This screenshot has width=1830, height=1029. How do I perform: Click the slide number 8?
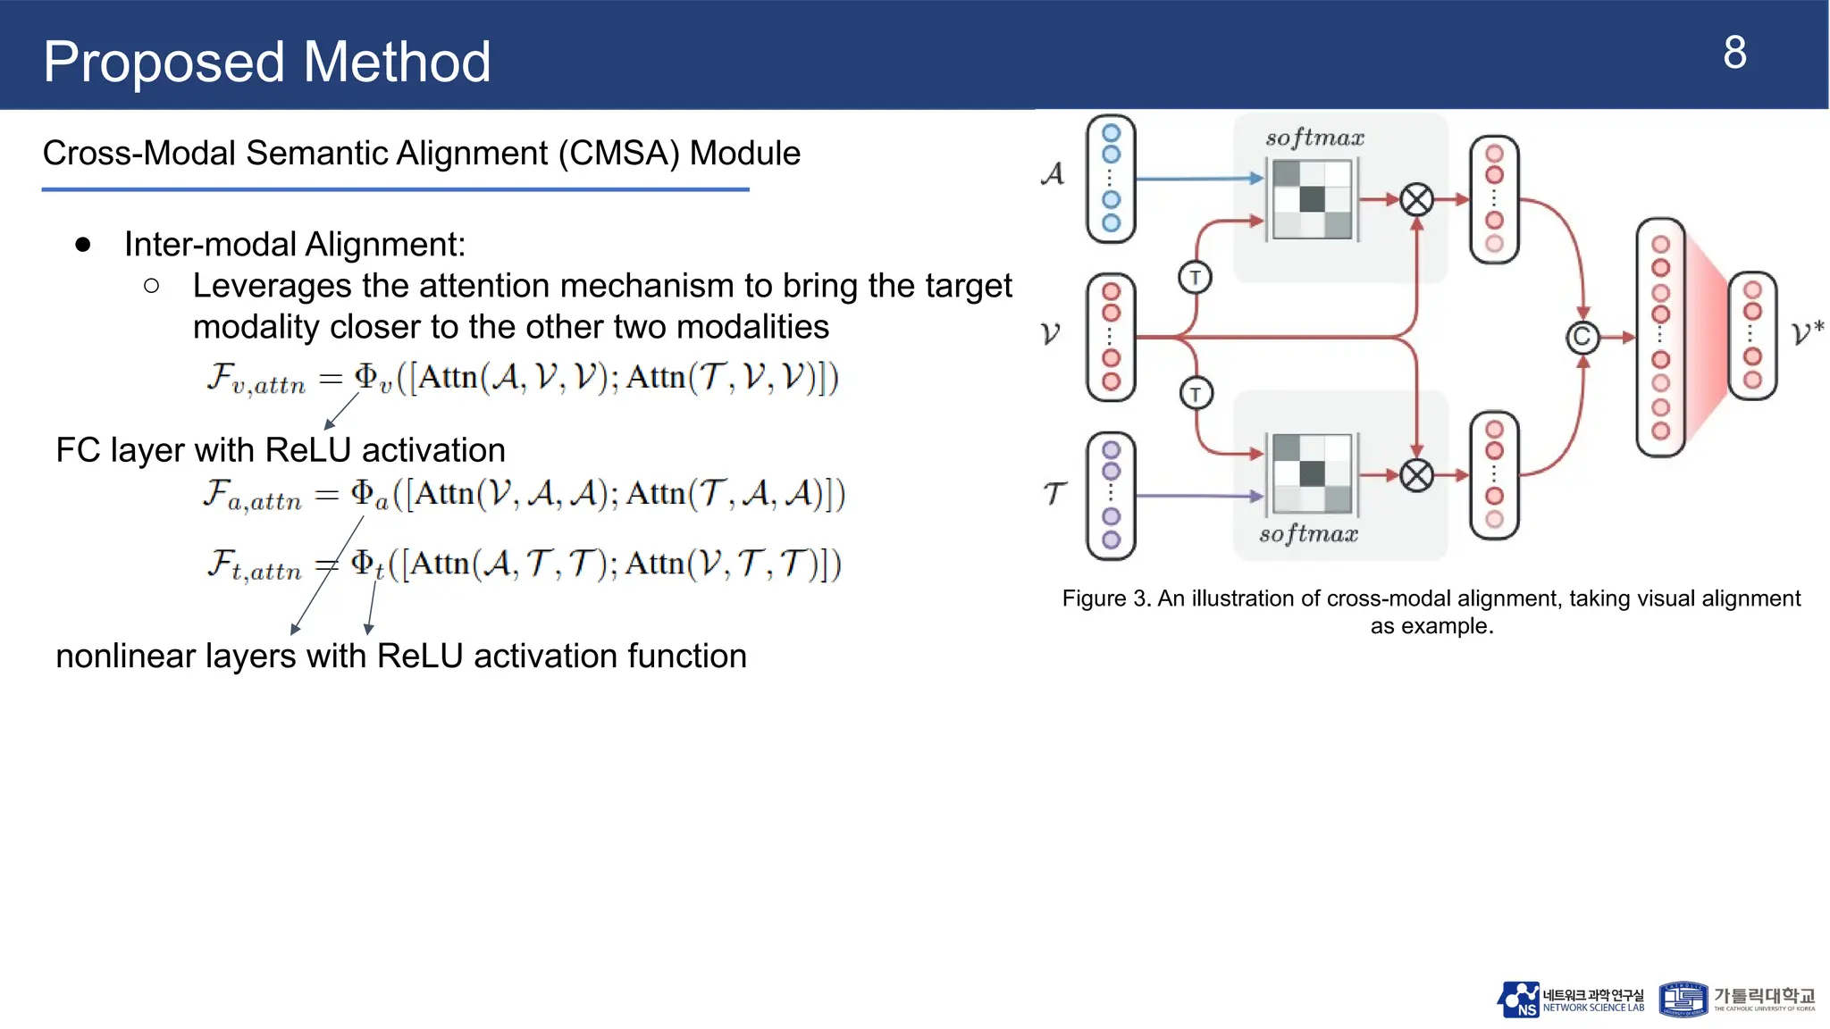[x=1734, y=54]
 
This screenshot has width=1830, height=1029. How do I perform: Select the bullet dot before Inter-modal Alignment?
[x=83, y=245]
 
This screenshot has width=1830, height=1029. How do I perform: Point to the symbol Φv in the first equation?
[x=372, y=378]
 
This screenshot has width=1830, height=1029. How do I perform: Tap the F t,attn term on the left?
[x=254, y=565]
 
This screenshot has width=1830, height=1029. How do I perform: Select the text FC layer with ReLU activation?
[x=281, y=450]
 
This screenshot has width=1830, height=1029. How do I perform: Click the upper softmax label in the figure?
[x=1314, y=138]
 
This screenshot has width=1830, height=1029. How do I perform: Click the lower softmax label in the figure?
[x=1308, y=534]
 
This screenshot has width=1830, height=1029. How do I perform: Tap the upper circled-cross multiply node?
[x=1416, y=199]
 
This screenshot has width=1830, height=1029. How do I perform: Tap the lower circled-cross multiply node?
[x=1416, y=475]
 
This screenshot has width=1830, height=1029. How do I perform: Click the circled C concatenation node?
[x=1582, y=338]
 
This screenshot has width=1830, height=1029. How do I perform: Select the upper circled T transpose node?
[x=1195, y=278]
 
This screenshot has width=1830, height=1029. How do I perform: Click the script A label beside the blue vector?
[x=1053, y=173]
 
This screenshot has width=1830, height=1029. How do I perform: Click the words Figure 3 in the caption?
[x=1104, y=598]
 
